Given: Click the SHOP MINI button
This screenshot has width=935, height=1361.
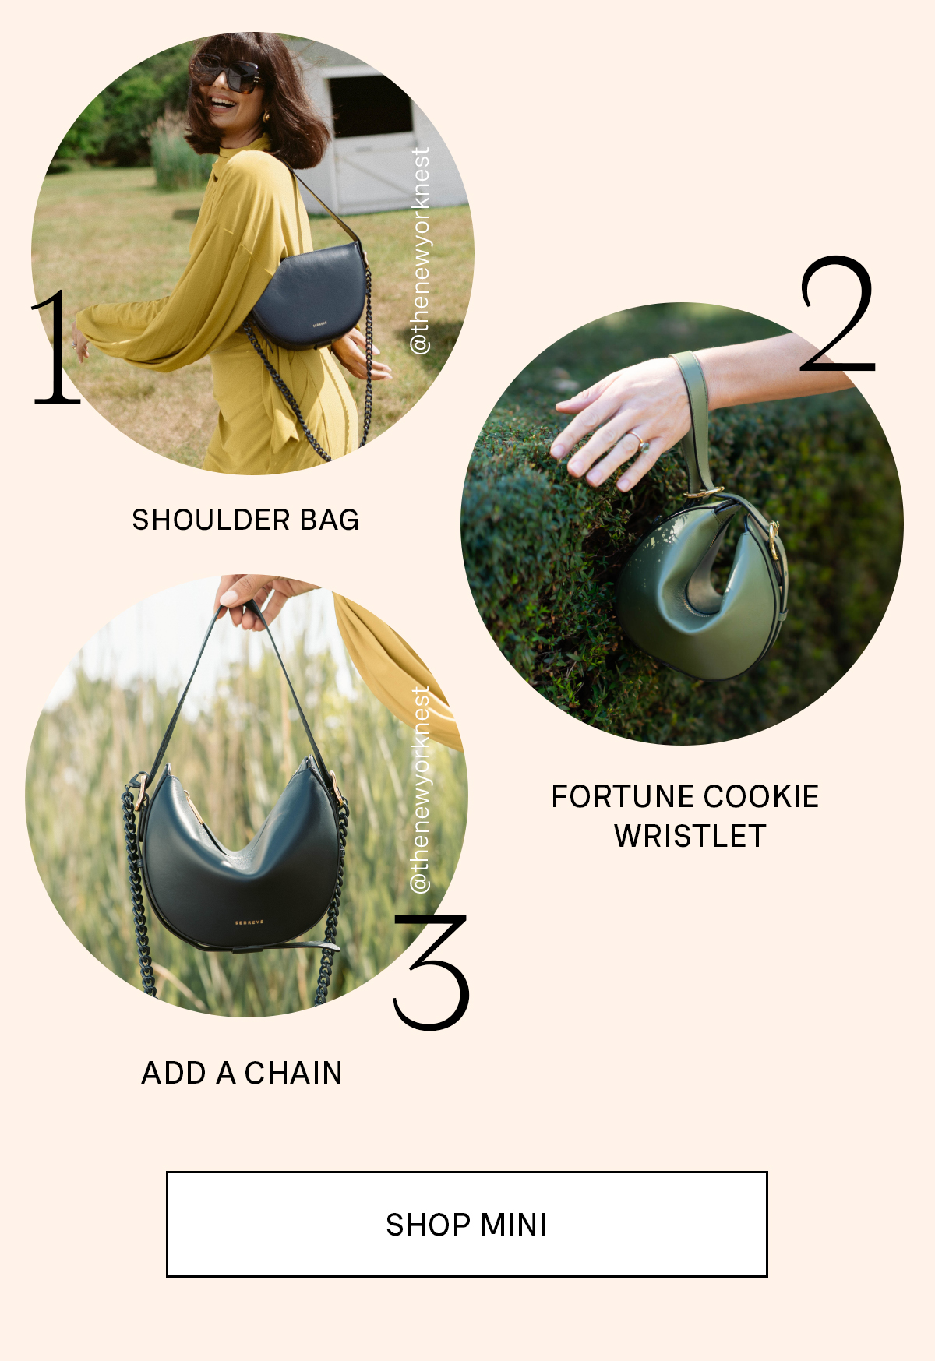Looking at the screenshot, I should click(x=467, y=1223).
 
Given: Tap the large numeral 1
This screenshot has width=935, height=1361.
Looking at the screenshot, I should click(x=57, y=348).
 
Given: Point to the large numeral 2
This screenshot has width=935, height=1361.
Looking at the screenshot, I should click(x=838, y=316).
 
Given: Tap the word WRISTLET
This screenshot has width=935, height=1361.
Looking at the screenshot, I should click(x=690, y=836).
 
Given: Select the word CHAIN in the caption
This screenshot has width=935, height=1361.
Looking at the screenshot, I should click(x=293, y=1073).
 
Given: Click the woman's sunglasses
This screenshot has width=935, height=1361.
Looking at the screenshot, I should click(x=228, y=74).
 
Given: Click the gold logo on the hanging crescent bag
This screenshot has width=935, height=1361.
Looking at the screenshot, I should click(x=249, y=922).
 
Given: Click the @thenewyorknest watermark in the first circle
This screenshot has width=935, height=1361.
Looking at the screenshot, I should click(x=419, y=251).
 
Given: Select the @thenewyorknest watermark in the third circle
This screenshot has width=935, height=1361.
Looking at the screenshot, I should click(x=419, y=789).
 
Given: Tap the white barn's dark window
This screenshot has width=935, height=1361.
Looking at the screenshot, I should click(x=371, y=105).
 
